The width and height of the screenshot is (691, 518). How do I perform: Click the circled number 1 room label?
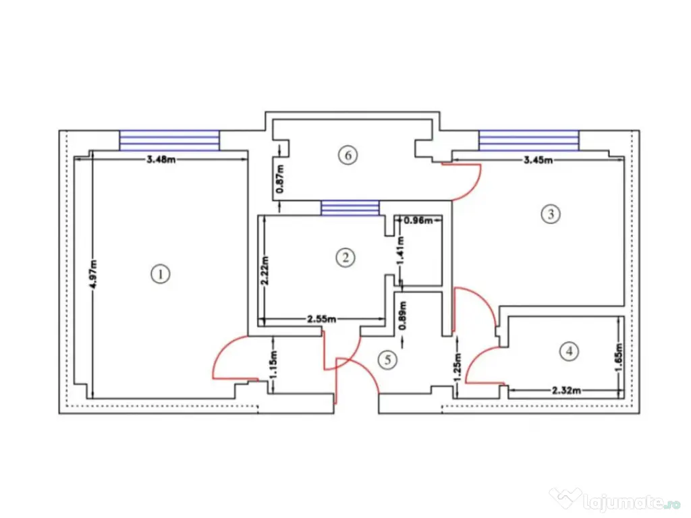pos(161,275)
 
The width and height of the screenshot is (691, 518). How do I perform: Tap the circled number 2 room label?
pos(345,257)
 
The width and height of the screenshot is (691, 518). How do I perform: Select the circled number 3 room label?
pos(550,215)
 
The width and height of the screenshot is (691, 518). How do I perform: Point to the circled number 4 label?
pos(570,351)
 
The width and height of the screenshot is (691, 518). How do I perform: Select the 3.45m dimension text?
pos(538,160)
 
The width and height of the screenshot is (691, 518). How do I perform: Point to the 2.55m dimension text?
pos(322,319)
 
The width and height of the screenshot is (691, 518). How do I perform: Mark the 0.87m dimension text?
pos(280,180)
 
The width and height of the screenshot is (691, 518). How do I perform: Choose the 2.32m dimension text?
pos(567,390)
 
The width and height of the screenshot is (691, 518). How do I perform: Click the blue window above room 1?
pos(169,140)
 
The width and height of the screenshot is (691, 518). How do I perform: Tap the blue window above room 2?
pos(350,208)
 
